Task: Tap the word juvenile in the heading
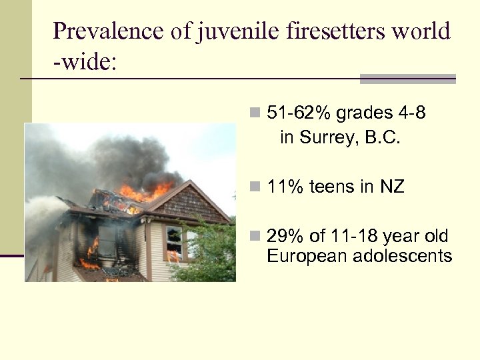(231, 31)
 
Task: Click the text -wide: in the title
(85, 63)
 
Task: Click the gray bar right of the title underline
(407, 79)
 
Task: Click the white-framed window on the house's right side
(174, 242)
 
